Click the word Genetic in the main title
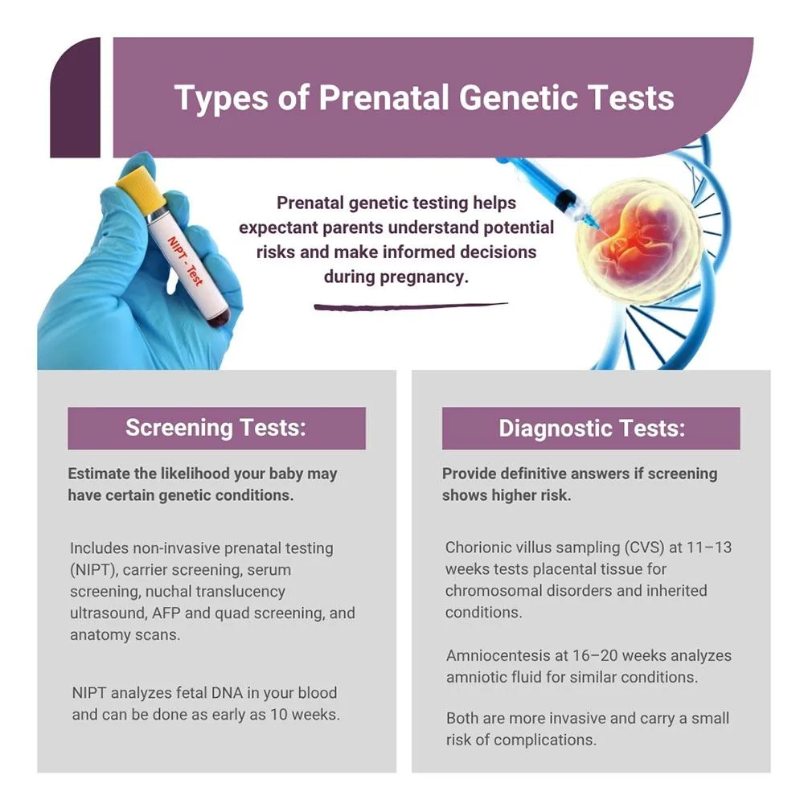tap(517, 97)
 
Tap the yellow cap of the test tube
tap(140, 188)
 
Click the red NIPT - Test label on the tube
tap(185, 260)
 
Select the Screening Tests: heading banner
tap(216, 429)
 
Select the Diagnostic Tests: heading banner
tap(591, 429)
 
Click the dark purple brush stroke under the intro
tap(411, 306)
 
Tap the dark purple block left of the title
tap(76, 97)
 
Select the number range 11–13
tap(709, 548)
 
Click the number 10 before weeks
tap(279, 714)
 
